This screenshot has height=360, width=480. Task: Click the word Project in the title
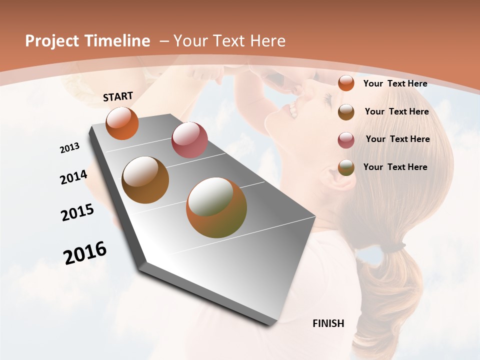point(51,41)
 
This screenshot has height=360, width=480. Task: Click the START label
point(118,96)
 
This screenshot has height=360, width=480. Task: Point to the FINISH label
point(328,323)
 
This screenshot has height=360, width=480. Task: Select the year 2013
point(69,148)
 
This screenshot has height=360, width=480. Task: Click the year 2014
point(73,177)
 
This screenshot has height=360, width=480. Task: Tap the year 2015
point(77,212)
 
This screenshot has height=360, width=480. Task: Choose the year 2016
point(85,253)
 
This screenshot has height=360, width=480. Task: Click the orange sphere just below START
point(122,123)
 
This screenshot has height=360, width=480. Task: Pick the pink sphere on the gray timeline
point(189,140)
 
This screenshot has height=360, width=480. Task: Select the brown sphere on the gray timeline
point(145,180)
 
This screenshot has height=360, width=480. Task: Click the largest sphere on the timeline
point(216,207)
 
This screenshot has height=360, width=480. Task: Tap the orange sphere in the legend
point(346,83)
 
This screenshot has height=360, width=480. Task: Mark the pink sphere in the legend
point(346,140)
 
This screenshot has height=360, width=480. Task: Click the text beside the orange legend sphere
point(395,83)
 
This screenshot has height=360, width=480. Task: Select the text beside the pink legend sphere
point(397,139)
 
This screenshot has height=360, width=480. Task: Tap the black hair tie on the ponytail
point(394,246)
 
